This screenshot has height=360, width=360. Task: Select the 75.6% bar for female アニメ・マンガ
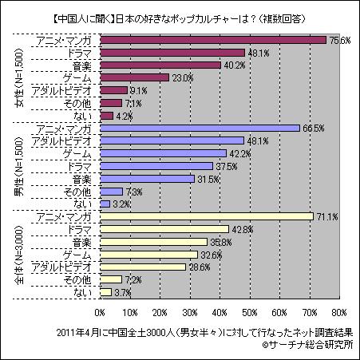(213, 40)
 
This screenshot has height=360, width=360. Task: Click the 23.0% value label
(184, 77)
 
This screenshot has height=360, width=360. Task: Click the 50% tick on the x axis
(250, 311)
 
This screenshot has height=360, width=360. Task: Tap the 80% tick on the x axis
(338, 311)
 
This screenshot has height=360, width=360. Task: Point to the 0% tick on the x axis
(101, 311)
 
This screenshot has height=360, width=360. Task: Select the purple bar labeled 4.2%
(107, 116)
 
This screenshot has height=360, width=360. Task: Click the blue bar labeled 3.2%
(105, 204)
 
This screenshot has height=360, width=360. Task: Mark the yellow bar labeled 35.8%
(154, 241)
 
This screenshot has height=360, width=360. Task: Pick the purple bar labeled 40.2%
(160, 65)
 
